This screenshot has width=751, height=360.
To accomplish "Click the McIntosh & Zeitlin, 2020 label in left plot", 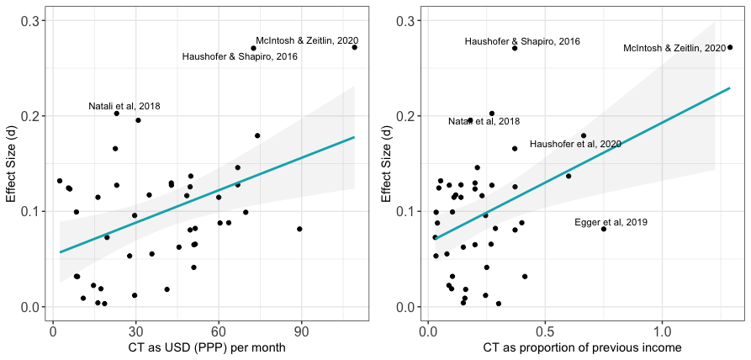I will (x=307, y=40).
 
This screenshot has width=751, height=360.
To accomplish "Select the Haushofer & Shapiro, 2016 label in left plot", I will (x=240, y=56).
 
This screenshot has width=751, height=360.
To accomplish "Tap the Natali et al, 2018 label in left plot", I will (x=124, y=107).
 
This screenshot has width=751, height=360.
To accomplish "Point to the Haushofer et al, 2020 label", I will (x=575, y=145).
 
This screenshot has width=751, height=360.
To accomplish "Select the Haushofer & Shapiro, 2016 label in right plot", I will (x=522, y=41).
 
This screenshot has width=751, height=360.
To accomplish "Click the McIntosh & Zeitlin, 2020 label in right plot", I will (x=674, y=49).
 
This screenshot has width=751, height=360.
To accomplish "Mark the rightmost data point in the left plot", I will (x=355, y=47).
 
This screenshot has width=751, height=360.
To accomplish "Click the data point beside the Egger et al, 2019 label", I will (x=604, y=229).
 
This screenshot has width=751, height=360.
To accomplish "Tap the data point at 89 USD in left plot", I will (x=299, y=229).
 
